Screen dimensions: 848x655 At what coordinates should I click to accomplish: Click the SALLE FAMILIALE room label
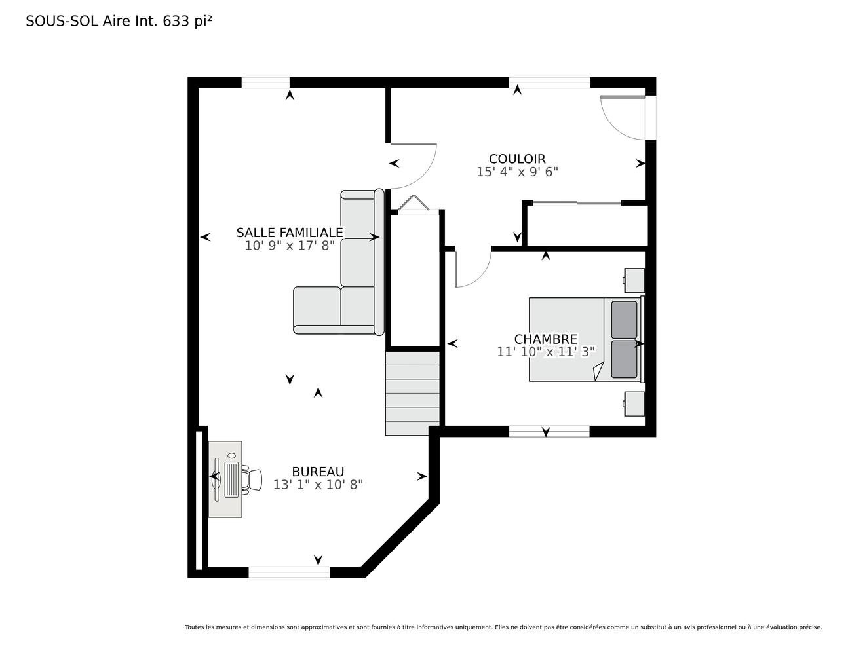pos(290,233)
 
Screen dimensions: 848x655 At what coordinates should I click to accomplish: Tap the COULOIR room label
pos(517,159)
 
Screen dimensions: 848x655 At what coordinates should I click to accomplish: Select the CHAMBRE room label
pos(545,339)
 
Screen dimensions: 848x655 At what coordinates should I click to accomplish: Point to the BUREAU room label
pos(318,472)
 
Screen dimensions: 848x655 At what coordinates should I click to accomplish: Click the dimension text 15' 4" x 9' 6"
pos(517,172)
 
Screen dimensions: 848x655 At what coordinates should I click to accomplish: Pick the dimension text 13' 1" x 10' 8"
pos(318,485)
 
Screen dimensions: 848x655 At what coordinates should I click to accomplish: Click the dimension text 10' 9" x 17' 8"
pos(290,246)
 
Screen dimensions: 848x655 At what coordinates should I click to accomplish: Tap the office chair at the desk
pos(252,480)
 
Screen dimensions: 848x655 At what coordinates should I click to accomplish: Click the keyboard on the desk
pos(231,479)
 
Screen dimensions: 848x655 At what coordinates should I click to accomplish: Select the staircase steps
pos(412,394)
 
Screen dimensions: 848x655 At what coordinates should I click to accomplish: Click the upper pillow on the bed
pos(624,320)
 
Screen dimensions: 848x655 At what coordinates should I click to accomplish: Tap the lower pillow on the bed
pos(624,359)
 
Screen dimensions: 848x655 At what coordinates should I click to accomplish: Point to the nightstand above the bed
pos(634,280)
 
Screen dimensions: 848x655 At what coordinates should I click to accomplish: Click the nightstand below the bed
pos(634,404)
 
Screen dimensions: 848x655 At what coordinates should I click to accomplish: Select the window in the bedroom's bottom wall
pos(549,431)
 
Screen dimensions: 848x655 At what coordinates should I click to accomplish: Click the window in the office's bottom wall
pos(289,572)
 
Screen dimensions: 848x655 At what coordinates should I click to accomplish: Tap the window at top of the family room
pos(265,83)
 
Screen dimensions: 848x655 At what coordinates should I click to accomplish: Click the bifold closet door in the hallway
pos(414,204)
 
